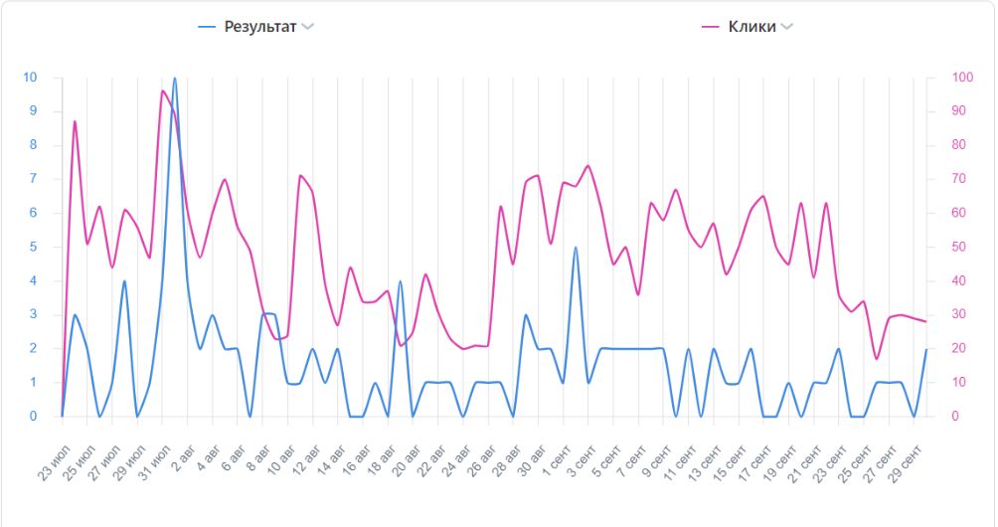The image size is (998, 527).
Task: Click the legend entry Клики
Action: tap(751, 27)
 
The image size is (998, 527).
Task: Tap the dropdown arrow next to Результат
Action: tap(308, 27)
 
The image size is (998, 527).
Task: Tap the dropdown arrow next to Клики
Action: tap(787, 27)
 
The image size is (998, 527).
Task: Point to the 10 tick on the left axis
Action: tap(31, 78)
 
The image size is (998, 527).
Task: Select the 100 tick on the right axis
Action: tap(961, 78)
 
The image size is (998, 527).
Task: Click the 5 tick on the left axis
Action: tap(34, 247)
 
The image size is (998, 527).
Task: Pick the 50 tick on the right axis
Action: tap(958, 247)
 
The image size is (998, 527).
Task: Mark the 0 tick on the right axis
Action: tap(955, 416)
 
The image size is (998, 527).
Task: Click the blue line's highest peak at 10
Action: tap(175, 79)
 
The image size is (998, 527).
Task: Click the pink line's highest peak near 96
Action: tap(162, 91)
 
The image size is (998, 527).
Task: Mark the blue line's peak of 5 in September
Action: tap(576, 248)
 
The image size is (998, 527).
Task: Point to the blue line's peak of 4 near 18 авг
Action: tap(400, 281)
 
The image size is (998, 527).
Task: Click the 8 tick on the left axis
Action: tap(34, 145)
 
